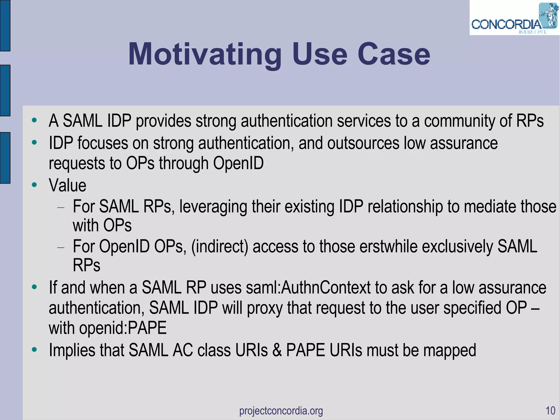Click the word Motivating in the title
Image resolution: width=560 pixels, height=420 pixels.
click(x=205, y=55)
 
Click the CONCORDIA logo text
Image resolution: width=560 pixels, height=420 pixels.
click(x=506, y=25)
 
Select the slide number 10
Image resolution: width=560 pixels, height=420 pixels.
click(x=550, y=410)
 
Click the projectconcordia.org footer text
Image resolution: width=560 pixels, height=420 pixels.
click(x=281, y=410)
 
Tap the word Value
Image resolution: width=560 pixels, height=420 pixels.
click(x=68, y=186)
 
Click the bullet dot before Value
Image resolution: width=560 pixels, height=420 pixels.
click(x=34, y=185)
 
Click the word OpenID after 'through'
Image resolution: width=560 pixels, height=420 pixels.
click(x=238, y=163)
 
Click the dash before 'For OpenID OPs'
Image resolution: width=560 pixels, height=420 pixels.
click(x=61, y=247)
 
